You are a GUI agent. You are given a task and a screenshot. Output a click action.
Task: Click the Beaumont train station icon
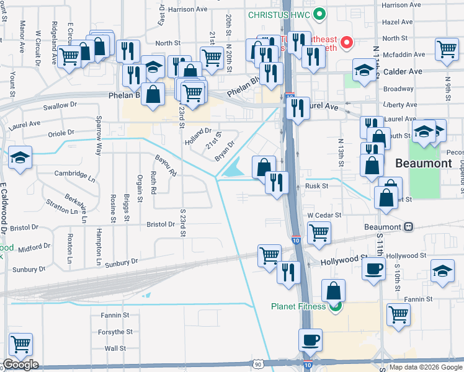[x=408, y=227]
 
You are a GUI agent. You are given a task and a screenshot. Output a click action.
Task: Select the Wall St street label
[x=115, y=348]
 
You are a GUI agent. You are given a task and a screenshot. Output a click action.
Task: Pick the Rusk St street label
[x=316, y=186]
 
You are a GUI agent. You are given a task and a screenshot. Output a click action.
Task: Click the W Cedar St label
[x=325, y=215]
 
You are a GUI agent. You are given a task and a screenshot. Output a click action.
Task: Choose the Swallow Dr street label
[x=60, y=106]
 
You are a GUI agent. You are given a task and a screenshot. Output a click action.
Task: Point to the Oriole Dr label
[x=61, y=133]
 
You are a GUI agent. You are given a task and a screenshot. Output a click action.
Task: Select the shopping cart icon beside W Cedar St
[x=319, y=233]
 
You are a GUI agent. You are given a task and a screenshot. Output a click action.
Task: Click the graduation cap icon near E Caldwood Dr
[x=20, y=156]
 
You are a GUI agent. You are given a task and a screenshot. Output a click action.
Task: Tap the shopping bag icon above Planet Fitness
[x=334, y=290]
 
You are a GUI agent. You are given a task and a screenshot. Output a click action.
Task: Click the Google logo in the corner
[x=21, y=364]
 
